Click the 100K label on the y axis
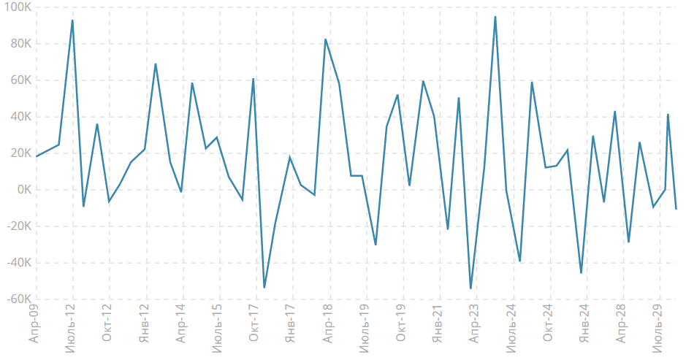[16, 7]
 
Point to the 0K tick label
[22, 190]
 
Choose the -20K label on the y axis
[18, 226]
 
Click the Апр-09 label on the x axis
[32, 325]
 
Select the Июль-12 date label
[70, 329]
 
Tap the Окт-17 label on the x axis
[254, 326]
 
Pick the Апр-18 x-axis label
[327, 325]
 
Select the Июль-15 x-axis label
[217, 329]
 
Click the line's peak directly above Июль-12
[72, 20]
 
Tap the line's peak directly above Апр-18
[326, 39]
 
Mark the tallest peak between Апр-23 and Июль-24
[495, 17]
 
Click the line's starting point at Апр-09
[36, 156]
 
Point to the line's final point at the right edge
[677, 210]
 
